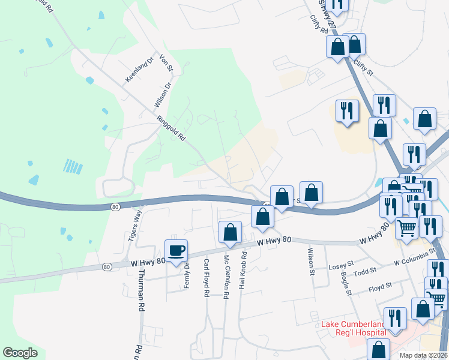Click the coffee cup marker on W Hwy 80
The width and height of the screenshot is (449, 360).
[x=176, y=251]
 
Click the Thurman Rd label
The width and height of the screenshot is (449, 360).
[x=142, y=290]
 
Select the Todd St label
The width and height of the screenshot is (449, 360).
[x=365, y=271]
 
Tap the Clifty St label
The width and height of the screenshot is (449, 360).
[x=363, y=67]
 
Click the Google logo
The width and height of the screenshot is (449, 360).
[x=20, y=353]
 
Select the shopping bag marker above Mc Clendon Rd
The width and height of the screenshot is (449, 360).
[x=230, y=232]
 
